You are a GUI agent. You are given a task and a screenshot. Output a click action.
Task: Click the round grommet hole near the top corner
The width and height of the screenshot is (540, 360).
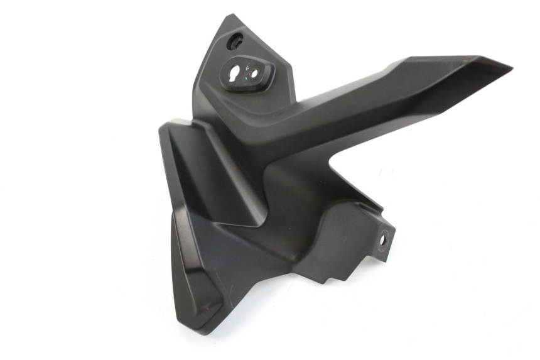click(x=236, y=43)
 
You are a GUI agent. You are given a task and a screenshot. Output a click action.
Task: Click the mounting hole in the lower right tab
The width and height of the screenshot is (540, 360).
click(x=382, y=239)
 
